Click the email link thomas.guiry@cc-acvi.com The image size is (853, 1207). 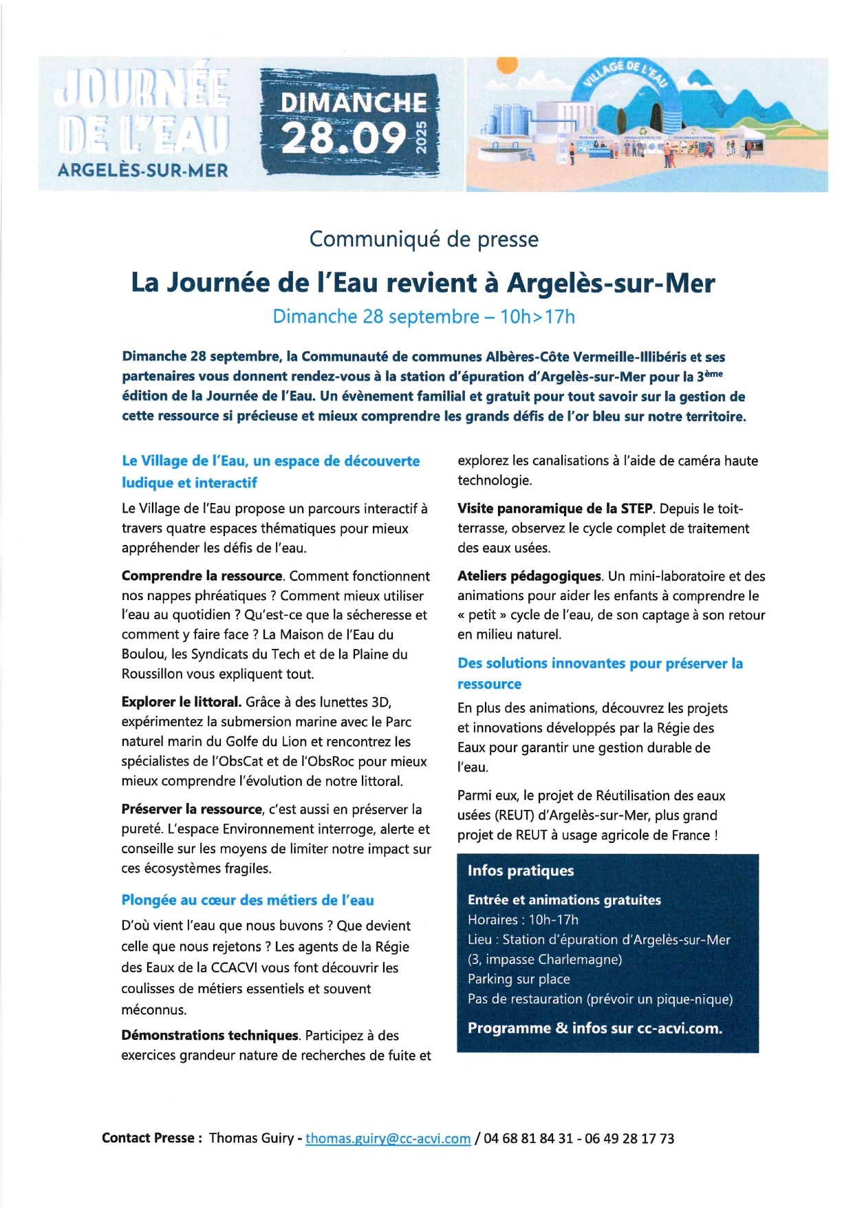(388, 1138)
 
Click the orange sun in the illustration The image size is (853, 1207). (507, 65)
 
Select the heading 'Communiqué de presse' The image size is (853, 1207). (424, 239)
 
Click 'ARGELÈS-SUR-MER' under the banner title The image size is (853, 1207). (143, 170)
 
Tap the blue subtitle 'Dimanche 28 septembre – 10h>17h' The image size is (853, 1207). (424, 317)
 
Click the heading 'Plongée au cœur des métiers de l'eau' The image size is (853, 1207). (248, 900)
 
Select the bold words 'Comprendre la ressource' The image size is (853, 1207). (202, 576)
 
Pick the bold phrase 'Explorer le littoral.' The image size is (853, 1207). (182, 702)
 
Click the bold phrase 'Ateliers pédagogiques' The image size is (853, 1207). (530, 576)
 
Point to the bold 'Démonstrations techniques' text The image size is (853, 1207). (210, 1035)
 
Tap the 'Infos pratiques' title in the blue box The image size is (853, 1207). (521, 870)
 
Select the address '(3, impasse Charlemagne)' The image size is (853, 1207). (545, 959)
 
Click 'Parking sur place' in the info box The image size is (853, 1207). (519, 979)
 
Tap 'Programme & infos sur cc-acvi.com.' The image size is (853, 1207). (595, 1028)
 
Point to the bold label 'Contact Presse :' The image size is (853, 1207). (152, 1138)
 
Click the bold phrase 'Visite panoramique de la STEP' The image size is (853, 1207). (554, 509)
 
